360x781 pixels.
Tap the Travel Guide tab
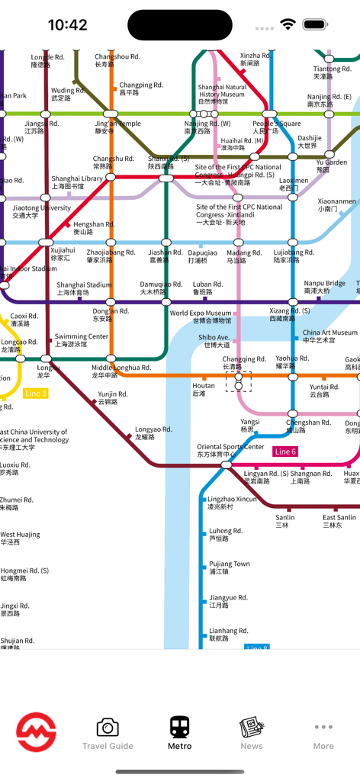click(108, 733)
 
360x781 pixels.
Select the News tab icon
click(251, 733)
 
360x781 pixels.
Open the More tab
click(323, 733)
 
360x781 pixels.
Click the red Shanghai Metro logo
click(37, 732)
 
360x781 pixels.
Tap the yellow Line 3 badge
click(36, 394)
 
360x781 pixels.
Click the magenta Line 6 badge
click(284, 452)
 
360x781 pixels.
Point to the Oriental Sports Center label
click(230, 451)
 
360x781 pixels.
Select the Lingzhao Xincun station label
click(232, 503)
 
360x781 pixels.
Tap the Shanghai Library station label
click(77, 182)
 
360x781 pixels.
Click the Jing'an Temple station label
click(117, 127)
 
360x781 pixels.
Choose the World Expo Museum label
click(200, 317)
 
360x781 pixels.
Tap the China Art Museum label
click(329, 336)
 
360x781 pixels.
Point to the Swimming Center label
click(82, 340)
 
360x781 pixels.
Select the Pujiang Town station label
click(229, 567)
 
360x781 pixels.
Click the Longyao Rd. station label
click(153, 433)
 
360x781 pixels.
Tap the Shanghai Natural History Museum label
click(222, 94)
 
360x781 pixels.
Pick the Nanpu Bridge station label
click(324, 287)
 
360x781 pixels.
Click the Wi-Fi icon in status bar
click(288, 24)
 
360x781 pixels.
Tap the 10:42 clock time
click(67, 25)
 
